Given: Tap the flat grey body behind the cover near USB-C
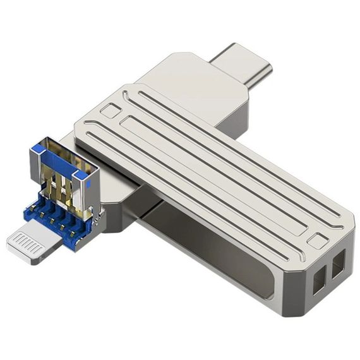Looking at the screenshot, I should pos(189,82).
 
